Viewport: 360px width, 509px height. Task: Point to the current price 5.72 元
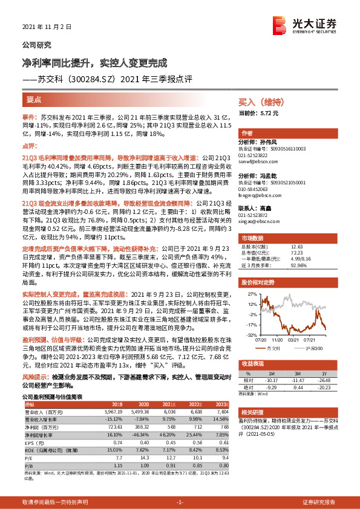click(267, 112)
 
